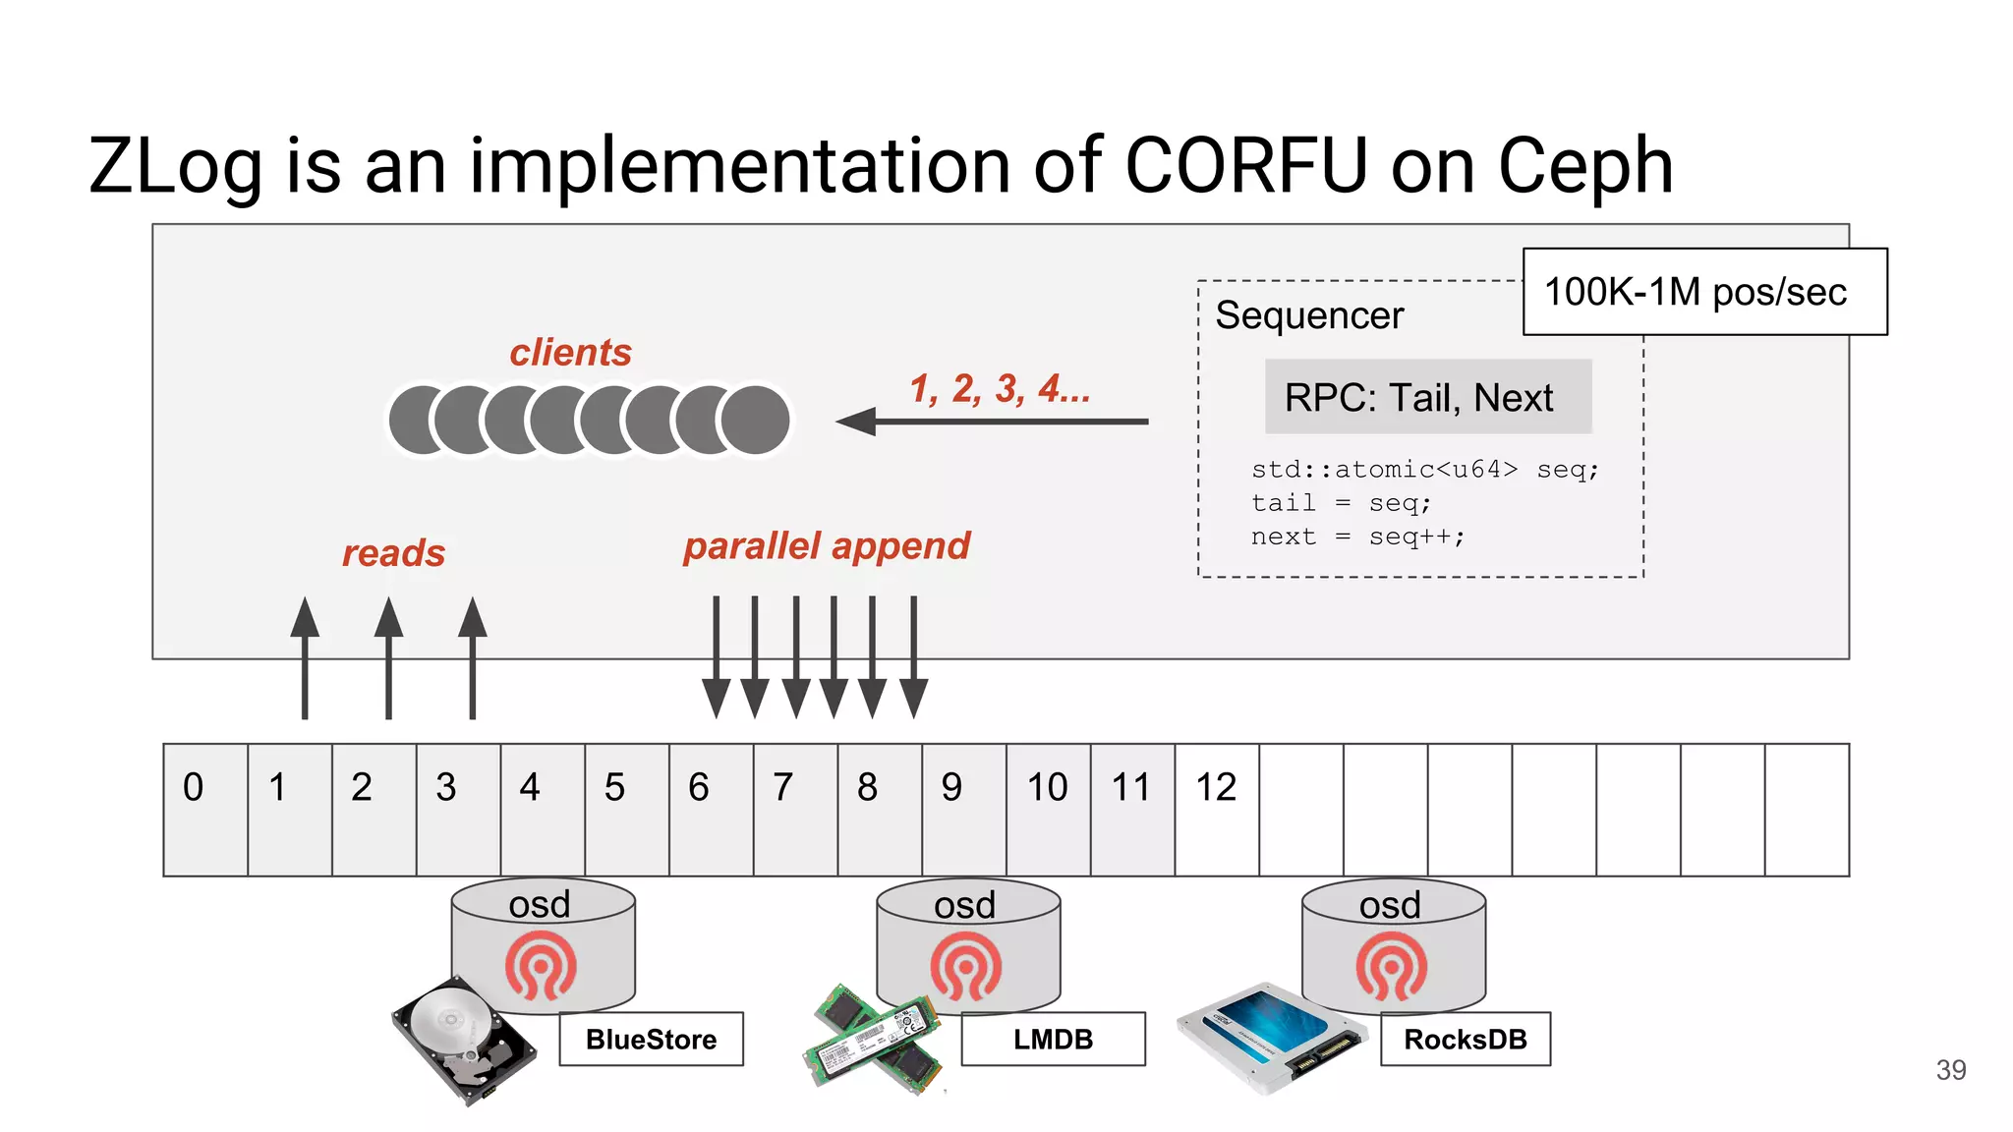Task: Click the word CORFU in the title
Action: tap(1245, 165)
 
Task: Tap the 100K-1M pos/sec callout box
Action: tap(1703, 292)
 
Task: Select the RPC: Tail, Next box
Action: tap(1427, 398)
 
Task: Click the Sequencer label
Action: tap(1308, 315)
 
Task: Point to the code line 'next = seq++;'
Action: tap(1357, 537)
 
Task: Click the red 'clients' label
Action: tap(570, 352)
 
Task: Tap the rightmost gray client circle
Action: tap(755, 420)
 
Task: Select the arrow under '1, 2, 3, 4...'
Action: tap(992, 422)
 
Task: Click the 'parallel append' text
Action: tap(826, 545)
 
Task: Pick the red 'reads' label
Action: tap(393, 553)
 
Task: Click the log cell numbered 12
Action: tap(1216, 808)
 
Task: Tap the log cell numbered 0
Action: tap(205, 808)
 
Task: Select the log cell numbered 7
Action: tap(794, 808)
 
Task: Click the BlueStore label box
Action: tap(651, 1039)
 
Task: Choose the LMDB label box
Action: tap(1053, 1039)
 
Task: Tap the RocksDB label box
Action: tap(1465, 1039)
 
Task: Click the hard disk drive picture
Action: tap(462, 1040)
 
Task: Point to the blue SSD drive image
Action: tap(1271, 1036)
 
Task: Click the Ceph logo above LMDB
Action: tap(965, 967)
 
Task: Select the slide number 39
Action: tap(1950, 1070)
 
